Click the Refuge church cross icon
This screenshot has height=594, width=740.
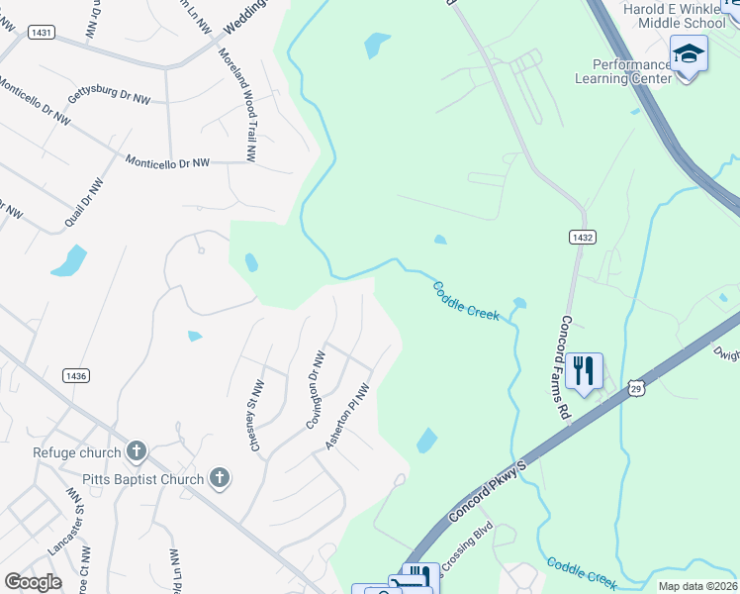[x=137, y=452]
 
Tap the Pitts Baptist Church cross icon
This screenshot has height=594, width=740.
[x=220, y=479]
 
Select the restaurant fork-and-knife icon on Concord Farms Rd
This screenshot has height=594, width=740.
[x=584, y=371]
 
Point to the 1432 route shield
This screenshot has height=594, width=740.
[x=582, y=238]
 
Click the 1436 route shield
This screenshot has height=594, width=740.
[x=75, y=375]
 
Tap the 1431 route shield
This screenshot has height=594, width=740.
[x=41, y=33]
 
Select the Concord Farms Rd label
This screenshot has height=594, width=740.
[x=567, y=367]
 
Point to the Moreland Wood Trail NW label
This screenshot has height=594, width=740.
[x=237, y=105]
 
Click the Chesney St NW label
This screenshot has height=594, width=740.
[x=254, y=416]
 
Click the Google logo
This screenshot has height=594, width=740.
[x=33, y=582]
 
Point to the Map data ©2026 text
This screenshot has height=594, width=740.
[x=696, y=586]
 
